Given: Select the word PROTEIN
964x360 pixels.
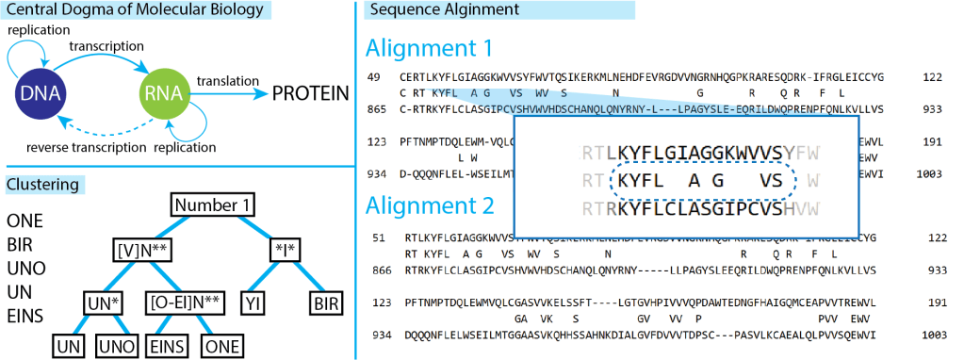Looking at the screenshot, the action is point(310,93).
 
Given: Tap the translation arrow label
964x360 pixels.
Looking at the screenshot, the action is point(224,80).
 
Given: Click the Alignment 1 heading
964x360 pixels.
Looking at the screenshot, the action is point(429,48).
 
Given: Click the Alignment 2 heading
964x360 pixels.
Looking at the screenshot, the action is point(429,205).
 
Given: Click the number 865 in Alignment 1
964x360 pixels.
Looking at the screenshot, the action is point(377,109).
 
